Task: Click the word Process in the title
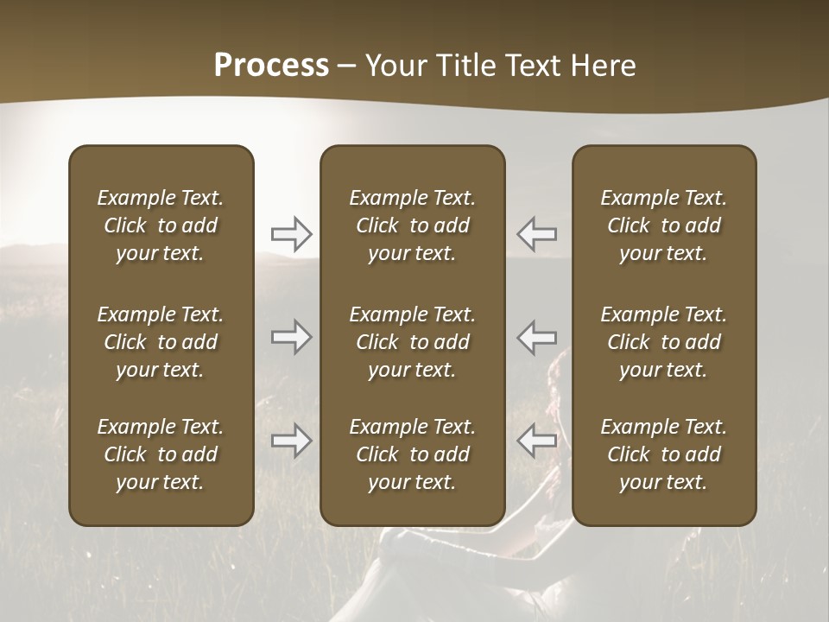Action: click(271, 66)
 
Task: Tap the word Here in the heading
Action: click(603, 66)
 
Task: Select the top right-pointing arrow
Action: click(292, 234)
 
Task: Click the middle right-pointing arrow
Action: click(292, 337)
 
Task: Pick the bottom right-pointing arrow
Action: click(292, 441)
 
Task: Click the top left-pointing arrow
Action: click(537, 234)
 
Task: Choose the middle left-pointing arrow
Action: click(537, 337)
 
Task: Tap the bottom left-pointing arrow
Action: click(537, 441)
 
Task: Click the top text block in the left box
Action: click(161, 225)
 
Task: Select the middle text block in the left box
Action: click(161, 342)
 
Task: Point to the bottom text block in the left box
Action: click(161, 454)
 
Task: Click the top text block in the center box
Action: click(413, 225)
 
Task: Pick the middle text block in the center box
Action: click(413, 342)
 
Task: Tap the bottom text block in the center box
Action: click(413, 454)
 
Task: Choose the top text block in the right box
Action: click(664, 225)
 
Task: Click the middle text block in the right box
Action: click(664, 342)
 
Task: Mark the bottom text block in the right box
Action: click(664, 454)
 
